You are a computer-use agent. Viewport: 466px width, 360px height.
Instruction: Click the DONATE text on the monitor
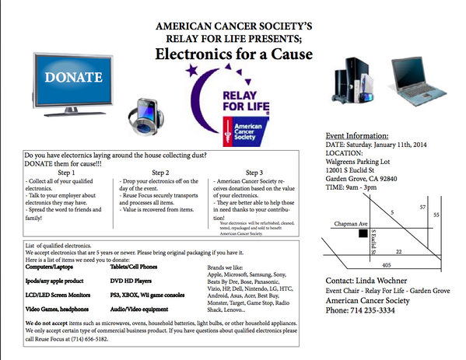pos(73,77)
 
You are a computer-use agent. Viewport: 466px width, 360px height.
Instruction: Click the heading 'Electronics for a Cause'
pos(233,54)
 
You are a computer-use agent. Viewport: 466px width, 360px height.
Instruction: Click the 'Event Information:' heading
pos(357,135)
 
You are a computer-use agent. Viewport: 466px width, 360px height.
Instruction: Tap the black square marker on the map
pos(363,232)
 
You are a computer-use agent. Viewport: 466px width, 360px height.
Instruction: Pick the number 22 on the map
pos(398,252)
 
